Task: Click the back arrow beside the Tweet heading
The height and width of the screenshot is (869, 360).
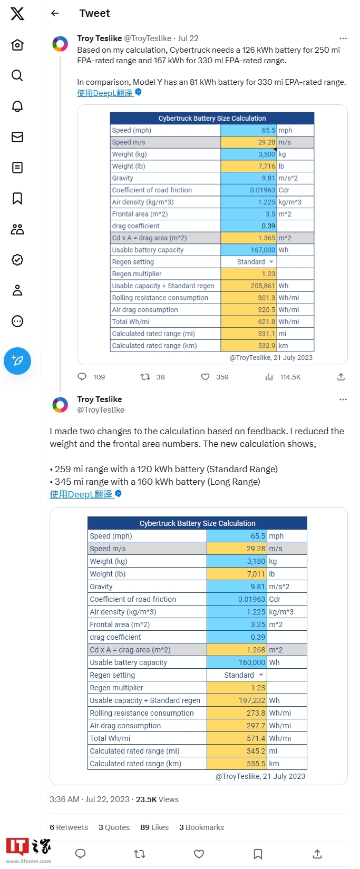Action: pyautogui.click(x=55, y=13)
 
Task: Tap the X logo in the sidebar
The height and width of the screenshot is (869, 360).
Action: pyautogui.click(x=17, y=13)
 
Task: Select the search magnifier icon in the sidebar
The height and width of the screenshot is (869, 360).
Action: pyautogui.click(x=17, y=75)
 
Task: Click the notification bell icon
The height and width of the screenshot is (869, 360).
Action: pyautogui.click(x=17, y=106)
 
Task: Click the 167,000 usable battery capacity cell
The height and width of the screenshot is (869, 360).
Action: pyautogui.click(x=248, y=250)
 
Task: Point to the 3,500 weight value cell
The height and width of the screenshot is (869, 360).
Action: pyautogui.click(x=248, y=154)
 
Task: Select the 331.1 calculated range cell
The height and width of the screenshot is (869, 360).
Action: pyautogui.click(x=248, y=334)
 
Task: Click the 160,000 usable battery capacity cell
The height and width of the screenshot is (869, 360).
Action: pyautogui.click(x=237, y=662)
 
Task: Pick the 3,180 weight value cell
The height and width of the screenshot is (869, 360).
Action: pyautogui.click(x=237, y=561)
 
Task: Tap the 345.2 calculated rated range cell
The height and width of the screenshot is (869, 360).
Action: pyautogui.click(x=237, y=751)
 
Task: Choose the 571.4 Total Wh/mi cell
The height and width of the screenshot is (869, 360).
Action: pyautogui.click(x=237, y=738)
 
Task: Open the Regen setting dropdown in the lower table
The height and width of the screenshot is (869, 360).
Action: pyautogui.click(x=243, y=675)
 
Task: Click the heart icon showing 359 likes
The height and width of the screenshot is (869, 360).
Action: pyautogui.click(x=206, y=377)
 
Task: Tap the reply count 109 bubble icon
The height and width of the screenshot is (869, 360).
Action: pyautogui.click(x=82, y=377)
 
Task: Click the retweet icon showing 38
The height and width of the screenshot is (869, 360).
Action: pyautogui.click(x=145, y=377)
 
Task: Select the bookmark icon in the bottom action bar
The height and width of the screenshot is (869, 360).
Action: pyautogui.click(x=258, y=854)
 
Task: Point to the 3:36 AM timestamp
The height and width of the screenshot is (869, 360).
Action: pyautogui.click(x=64, y=799)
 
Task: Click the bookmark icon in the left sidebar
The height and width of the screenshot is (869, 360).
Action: pyautogui.click(x=17, y=198)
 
